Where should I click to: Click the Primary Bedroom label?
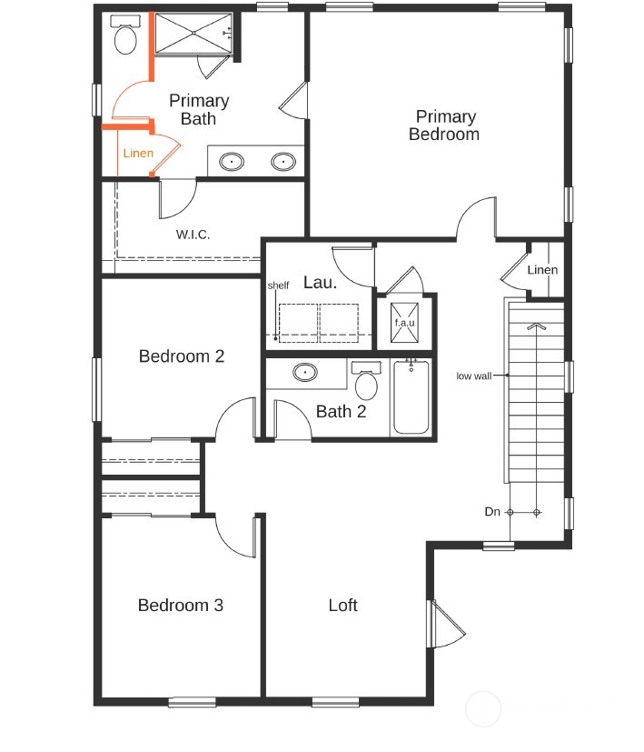444,125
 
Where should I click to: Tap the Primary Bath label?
198,109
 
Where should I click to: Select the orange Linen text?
138,153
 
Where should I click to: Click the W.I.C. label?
193,235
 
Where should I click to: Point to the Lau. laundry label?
320,283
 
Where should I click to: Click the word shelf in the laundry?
278,286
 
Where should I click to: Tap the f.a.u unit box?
404,322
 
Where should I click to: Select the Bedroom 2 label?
181,356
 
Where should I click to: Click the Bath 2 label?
341,412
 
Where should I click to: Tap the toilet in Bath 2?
366,383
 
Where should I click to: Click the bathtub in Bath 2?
411,397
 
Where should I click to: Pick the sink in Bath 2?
305,372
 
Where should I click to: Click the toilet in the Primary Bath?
124,38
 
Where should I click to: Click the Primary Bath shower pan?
192,35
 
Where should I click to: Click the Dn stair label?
492,513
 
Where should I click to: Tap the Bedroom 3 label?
180,606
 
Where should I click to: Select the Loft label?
342,606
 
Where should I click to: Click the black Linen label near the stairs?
542,270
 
